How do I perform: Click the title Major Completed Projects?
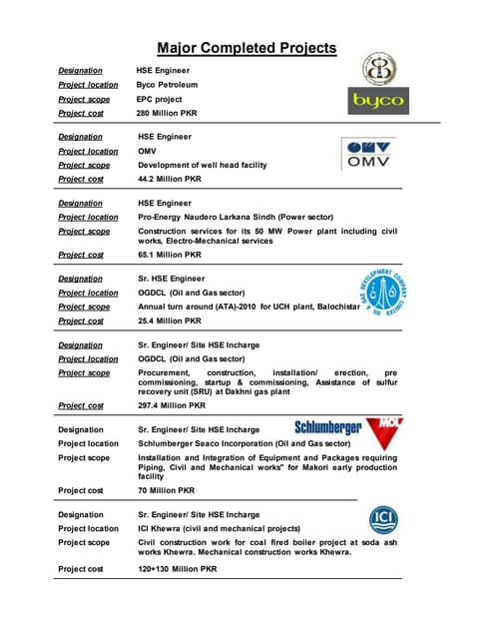(247, 48)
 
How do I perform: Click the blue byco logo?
(378, 101)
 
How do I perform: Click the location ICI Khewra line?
(227, 528)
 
